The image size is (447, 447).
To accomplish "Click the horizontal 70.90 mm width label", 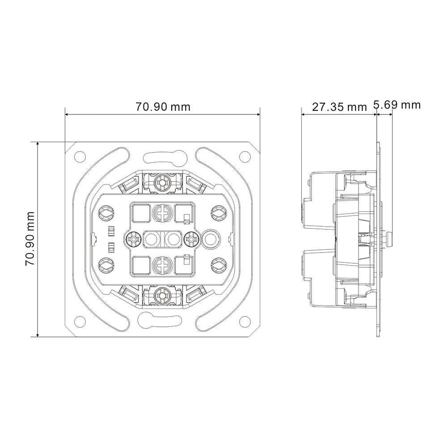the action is (163, 107).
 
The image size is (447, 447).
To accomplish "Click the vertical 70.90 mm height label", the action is (30, 239).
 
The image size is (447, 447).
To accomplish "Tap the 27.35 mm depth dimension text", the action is (339, 107).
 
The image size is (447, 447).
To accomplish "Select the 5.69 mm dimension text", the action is (397, 105).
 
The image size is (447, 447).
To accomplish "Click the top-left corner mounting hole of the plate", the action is (80, 156).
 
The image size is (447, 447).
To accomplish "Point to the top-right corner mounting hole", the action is (245, 156).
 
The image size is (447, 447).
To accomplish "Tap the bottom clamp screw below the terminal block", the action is (162, 297).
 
